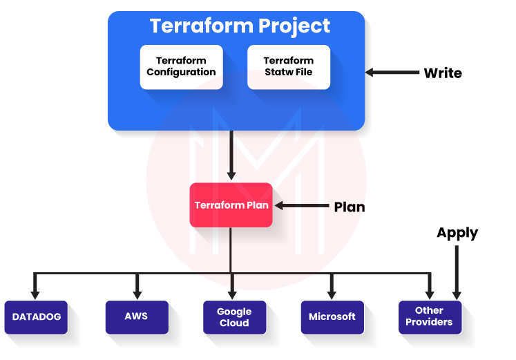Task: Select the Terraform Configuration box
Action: [181, 66]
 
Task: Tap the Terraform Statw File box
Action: [288, 66]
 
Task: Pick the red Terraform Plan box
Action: [231, 205]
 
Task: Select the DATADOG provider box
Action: [36, 317]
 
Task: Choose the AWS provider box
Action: [136, 316]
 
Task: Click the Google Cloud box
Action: [234, 317]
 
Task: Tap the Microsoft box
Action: [332, 316]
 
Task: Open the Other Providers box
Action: [429, 316]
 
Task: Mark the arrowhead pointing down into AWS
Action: [137, 294]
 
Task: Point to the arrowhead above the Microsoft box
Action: [332, 294]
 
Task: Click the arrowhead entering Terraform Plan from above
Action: [231, 178]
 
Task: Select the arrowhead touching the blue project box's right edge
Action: [370, 72]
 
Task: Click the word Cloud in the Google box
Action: [234, 323]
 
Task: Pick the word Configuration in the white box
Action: [181, 72]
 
